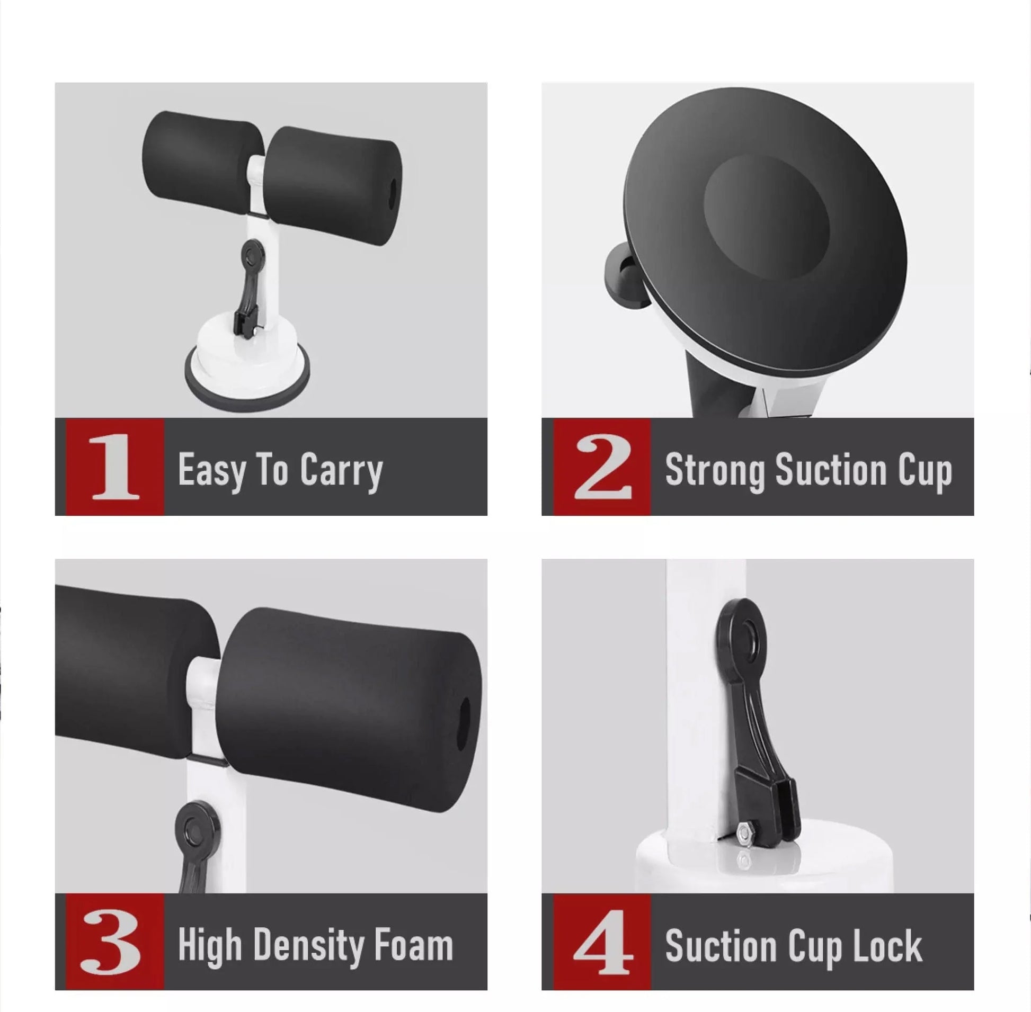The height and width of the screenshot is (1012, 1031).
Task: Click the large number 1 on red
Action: pyautogui.click(x=115, y=466)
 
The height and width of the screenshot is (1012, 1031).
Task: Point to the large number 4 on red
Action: pyautogui.click(x=603, y=942)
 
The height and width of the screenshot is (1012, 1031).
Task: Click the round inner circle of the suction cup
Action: pyautogui.click(x=767, y=216)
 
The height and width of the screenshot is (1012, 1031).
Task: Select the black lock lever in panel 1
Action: pyautogui.click(x=247, y=287)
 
